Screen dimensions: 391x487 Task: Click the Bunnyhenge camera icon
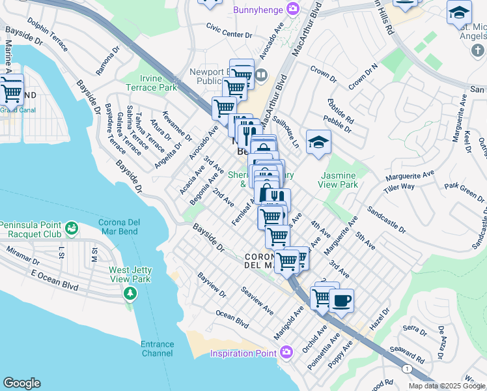pos(294,8)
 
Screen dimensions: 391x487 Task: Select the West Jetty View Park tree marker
pos(130,294)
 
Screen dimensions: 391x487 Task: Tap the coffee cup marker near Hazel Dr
pos(341,302)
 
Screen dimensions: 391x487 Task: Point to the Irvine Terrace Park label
pos(152,83)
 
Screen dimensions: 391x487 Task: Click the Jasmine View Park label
pos(339,180)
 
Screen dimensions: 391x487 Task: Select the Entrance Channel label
pos(157,349)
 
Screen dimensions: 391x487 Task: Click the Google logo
pos(21,383)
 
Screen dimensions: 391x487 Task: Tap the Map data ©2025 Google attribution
pos(446,386)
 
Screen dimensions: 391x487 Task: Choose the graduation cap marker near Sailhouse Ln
pos(318,143)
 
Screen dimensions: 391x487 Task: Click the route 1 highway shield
pos(408,369)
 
